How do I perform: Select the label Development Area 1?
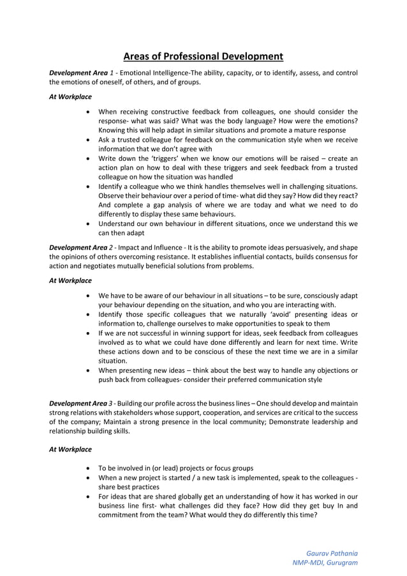point(82,73)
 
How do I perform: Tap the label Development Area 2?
point(82,248)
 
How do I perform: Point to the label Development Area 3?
point(82,403)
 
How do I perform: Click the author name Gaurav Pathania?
point(332,552)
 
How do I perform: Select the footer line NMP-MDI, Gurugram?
point(325,563)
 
